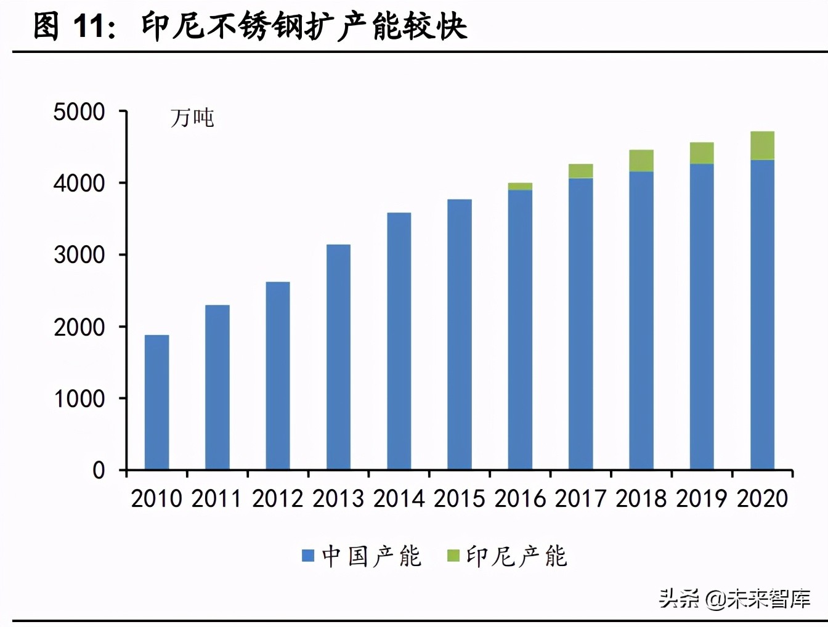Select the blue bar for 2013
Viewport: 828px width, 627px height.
coord(338,357)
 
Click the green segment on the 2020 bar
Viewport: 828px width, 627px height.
coord(762,145)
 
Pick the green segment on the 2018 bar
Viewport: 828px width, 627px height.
coord(641,161)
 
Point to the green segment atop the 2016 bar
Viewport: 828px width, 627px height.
coord(520,187)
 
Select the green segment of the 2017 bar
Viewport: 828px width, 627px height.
coord(580,171)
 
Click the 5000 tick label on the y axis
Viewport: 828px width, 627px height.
coord(79,112)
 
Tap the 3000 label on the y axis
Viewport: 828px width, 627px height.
coord(79,255)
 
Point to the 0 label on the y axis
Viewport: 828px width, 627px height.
coord(99,471)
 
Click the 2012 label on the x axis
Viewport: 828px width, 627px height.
coord(278,498)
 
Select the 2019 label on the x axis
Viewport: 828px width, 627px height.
coord(702,498)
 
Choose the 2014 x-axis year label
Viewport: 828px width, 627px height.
coord(399,498)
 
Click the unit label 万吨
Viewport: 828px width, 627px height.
coord(192,118)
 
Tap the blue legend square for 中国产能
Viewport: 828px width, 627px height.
coord(308,556)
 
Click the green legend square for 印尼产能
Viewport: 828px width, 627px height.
coord(453,556)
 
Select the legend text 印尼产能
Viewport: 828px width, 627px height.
coord(516,556)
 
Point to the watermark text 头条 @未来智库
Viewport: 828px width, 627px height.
coord(734,598)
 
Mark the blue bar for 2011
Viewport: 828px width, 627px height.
coord(217,387)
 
